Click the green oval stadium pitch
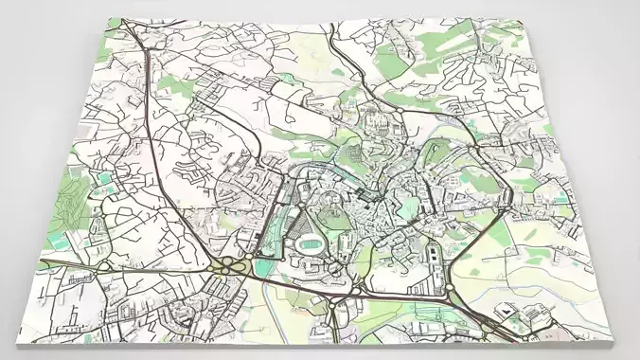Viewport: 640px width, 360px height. click(x=309, y=244)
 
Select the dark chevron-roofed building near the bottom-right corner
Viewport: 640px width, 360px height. click(x=507, y=311)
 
